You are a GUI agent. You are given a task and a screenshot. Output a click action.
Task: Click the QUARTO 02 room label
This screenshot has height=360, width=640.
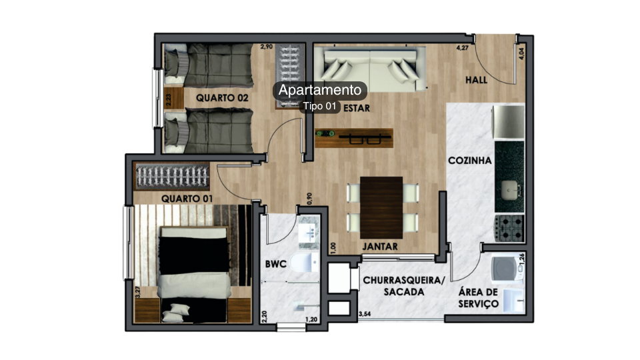[222, 98]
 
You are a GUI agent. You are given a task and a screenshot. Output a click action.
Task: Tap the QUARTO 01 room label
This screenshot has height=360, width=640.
[187, 199]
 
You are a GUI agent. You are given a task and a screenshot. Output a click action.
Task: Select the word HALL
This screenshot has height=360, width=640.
[476, 80]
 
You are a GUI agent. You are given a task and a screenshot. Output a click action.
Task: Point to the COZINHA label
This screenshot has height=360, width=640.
[470, 161]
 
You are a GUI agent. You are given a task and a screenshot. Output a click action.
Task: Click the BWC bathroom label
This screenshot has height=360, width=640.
[275, 265]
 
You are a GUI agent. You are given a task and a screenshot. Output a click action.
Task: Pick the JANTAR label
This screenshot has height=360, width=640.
[380, 247]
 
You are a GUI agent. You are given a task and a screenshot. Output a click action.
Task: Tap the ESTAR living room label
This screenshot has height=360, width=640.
[357, 107]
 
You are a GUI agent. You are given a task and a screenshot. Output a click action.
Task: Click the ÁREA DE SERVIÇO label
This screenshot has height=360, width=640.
[479, 298]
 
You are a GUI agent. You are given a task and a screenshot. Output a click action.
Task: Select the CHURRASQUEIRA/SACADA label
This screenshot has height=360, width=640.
[403, 287]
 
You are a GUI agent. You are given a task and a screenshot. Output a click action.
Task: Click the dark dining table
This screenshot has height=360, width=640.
[381, 207]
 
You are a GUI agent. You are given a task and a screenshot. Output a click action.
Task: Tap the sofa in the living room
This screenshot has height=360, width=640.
[371, 69]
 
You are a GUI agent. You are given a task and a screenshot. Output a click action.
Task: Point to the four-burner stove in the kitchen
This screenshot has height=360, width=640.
[509, 228]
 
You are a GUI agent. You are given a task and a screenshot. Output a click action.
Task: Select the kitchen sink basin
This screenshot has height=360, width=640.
[509, 189]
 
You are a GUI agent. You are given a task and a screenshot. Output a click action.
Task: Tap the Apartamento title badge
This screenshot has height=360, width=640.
[319, 90]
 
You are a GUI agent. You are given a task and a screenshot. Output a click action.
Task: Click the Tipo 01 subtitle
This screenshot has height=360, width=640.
[320, 106]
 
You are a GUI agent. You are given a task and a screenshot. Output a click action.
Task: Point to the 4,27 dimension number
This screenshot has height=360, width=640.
[462, 48]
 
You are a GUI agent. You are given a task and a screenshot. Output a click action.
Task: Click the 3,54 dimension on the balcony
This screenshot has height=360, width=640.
[365, 314]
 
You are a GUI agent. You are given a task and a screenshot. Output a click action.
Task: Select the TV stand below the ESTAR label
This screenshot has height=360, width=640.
[353, 138]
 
